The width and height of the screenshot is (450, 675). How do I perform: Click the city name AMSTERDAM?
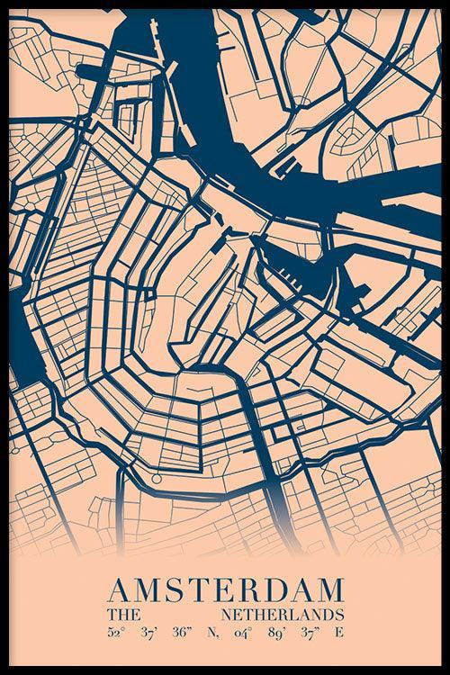click(x=225, y=590)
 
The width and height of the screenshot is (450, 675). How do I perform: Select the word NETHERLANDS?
click(x=287, y=614)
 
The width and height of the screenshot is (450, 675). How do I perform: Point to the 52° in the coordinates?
click(x=114, y=632)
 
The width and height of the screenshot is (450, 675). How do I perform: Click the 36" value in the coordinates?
click(x=182, y=632)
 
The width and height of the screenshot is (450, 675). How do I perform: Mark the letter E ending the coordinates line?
click(x=339, y=632)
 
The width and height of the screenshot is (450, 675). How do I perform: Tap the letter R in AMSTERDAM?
click(x=242, y=590)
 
